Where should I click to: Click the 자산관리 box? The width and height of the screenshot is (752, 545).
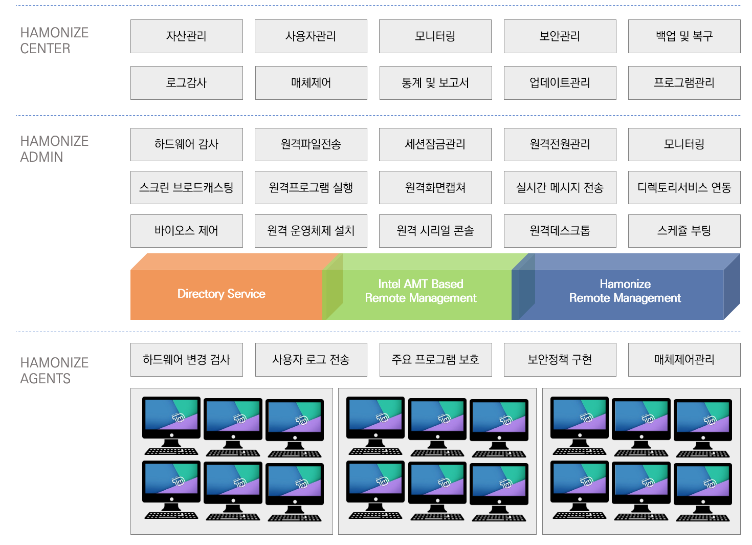click(186, 36)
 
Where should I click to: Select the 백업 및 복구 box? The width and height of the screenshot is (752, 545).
click(684, 36)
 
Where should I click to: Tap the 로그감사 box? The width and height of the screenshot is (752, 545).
click(186, 83)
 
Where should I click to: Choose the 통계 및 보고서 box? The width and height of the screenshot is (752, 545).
click(435, 83)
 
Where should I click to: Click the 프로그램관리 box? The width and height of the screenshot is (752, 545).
click(684, 83)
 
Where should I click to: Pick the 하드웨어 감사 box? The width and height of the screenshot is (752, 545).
click(186, 144)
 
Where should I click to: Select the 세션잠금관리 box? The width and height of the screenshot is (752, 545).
click(435, 144)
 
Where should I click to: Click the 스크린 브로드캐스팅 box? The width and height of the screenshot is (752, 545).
click(186, 188)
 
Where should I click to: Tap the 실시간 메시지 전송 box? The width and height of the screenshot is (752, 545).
click(560, 188)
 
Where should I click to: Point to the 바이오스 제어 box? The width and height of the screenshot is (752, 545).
click(186, 231)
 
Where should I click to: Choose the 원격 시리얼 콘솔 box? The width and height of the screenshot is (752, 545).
click(435, 231)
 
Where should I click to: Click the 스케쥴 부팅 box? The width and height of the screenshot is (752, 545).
click(684, 231)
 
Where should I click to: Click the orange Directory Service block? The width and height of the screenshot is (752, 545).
click(222, 294)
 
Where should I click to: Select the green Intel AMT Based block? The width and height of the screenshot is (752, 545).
click(421, 291)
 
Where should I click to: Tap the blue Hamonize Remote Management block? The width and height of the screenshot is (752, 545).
click(625, 291)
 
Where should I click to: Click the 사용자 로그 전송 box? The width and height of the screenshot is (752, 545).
click(311, 360)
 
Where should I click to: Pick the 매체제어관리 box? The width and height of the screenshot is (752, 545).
click(684, 360)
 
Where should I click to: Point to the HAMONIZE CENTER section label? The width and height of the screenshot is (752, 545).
click(54, 40)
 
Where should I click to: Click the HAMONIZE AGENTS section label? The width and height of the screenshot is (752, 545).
click(54, 370)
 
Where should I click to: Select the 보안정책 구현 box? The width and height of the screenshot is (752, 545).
click(560, 360)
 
